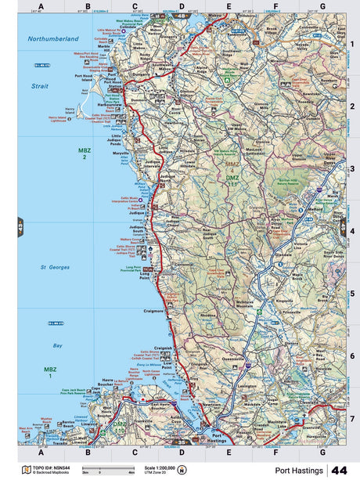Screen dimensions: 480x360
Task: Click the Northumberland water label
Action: (53, 38)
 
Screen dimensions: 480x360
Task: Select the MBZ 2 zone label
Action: (83, 153)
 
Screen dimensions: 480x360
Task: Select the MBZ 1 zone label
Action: (50, 371)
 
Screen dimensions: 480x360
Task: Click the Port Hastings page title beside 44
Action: (301, 470)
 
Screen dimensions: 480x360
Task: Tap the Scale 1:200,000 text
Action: (160, 467)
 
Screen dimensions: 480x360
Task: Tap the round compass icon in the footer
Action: (183, 470)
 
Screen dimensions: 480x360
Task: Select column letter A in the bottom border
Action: (41, 453)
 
